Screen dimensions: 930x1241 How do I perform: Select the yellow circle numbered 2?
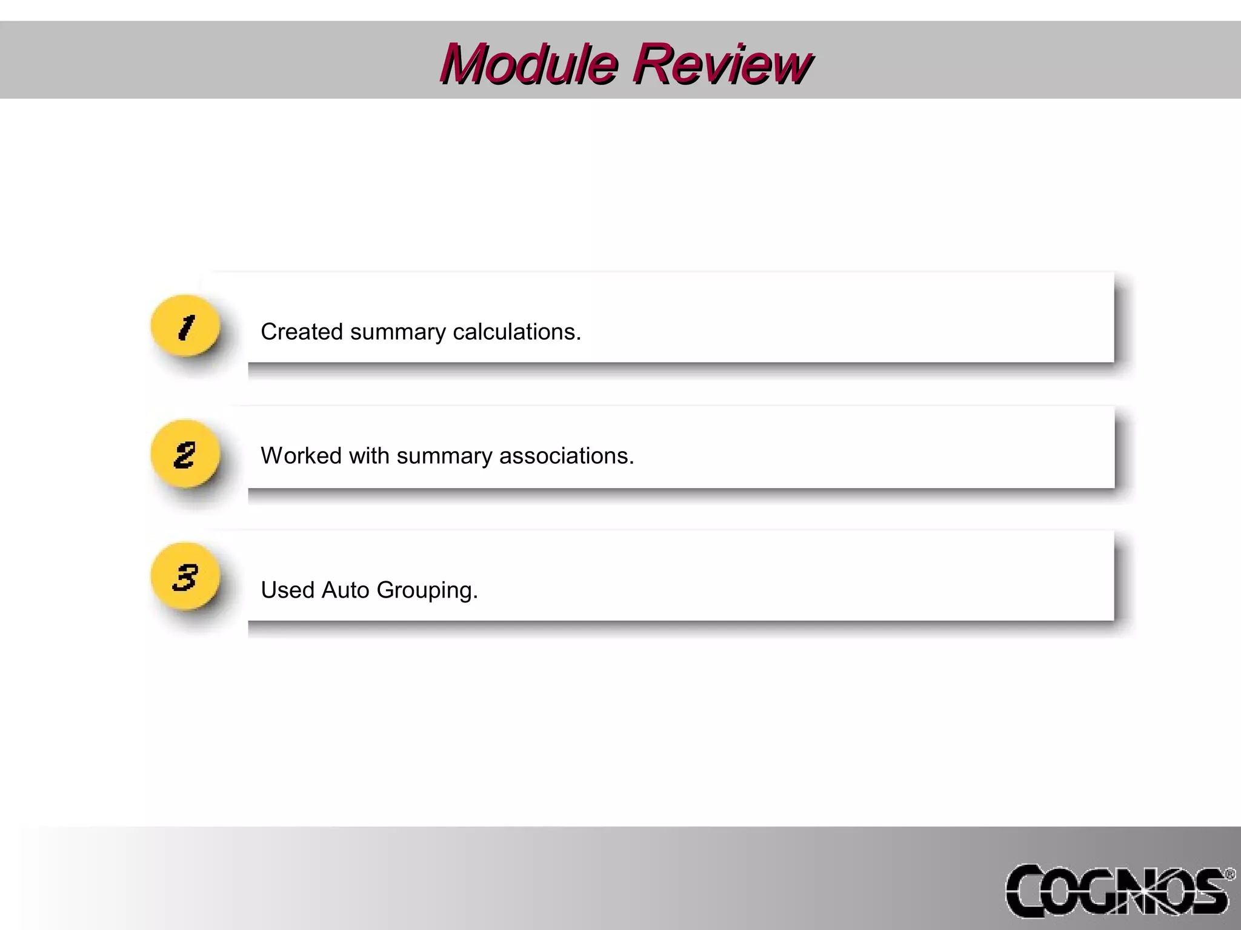click(x=185, y=454)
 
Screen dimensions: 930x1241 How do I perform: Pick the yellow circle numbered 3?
click(x=185, y=577)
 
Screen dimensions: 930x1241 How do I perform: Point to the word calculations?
click(x=517, y=332)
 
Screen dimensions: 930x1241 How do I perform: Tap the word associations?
click(x=567, y=456)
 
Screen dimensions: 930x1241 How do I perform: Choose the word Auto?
click(x=345, y=590)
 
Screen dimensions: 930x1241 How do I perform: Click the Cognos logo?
click(x=1118, y=891)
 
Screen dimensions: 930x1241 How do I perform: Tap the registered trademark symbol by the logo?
click(x=1230, y=874)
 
